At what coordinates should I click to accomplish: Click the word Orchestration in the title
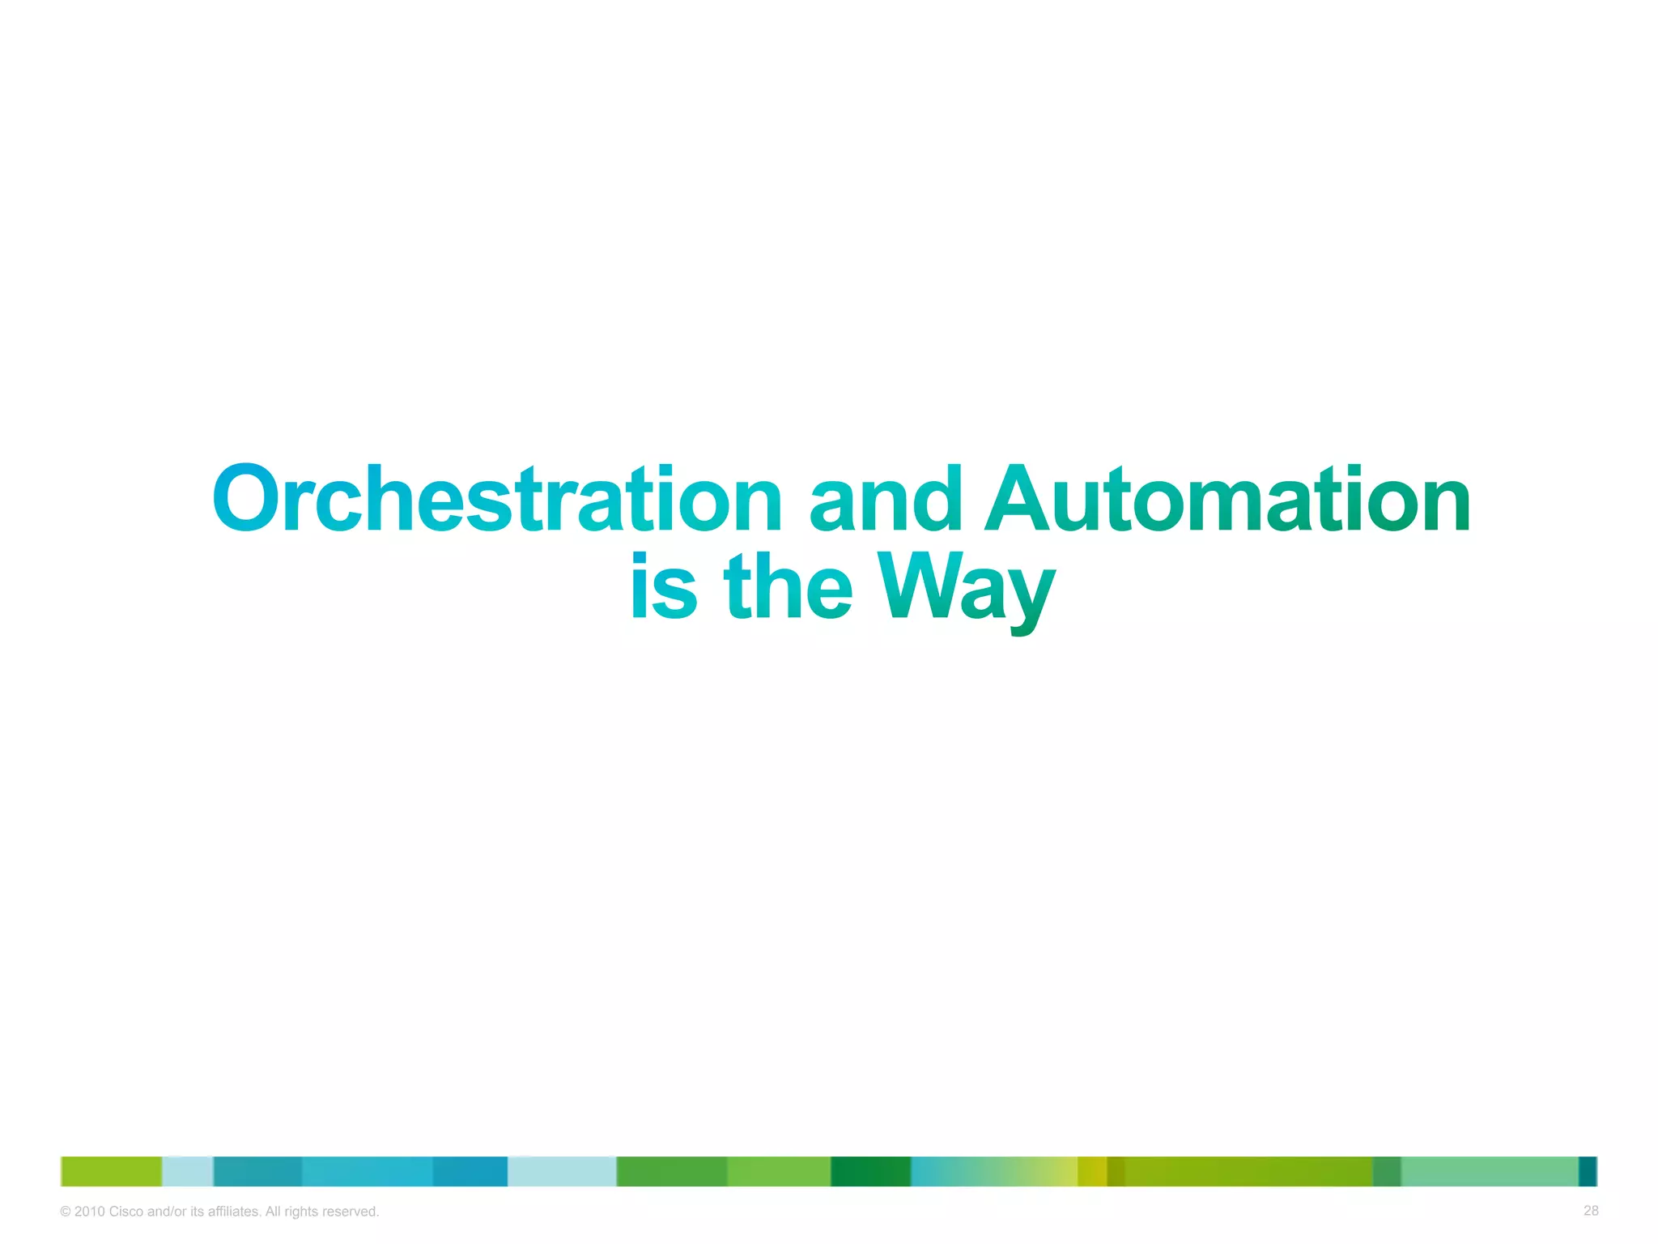[497, 500]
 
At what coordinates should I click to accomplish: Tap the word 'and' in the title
[886, 500]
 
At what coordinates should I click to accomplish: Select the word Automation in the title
[1227, 500]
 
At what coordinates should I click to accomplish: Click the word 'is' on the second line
[663, 586]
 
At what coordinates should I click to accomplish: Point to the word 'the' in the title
[788, 586]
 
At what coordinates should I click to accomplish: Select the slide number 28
[1590, 1211]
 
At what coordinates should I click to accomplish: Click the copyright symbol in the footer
[66, 1212]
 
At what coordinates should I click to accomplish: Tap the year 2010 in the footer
[89, 1212]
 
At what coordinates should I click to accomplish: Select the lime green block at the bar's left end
[111, 1171]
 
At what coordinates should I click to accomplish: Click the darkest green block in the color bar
[870, 1171]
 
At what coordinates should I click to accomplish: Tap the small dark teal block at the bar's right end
[1587, 1171]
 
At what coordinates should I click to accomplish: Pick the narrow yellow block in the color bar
[1091, 1171]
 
